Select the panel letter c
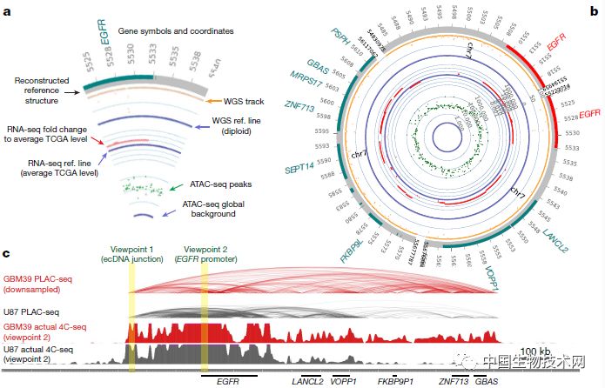pyautogui.click(x=7, y=253)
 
